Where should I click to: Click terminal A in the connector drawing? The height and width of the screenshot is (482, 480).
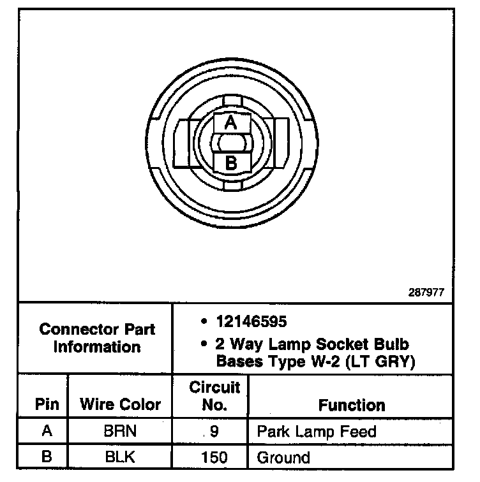(x=231, y=122)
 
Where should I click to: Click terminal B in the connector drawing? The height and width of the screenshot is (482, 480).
(x=231, y=163)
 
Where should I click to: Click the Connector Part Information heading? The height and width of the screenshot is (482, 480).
(x=97, y=339)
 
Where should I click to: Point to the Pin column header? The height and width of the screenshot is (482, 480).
(x=47, y=404)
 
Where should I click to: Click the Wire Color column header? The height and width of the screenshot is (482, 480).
(x=120, y=404)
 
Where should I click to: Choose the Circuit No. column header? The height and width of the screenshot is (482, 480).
(x=214, y=395)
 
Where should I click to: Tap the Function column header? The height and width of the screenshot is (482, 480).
(x=352, y=405)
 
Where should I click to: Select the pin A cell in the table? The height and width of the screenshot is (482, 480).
(x=47, y=431)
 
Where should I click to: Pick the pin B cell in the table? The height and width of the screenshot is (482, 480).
(x=47, y=456)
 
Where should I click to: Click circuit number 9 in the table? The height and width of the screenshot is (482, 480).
(x=214, y=431)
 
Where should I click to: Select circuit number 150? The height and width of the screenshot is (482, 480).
(x=214, y=456)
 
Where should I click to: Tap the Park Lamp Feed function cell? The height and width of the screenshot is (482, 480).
(x=317, y=431)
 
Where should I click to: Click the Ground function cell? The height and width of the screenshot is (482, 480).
(x=283, y=457)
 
